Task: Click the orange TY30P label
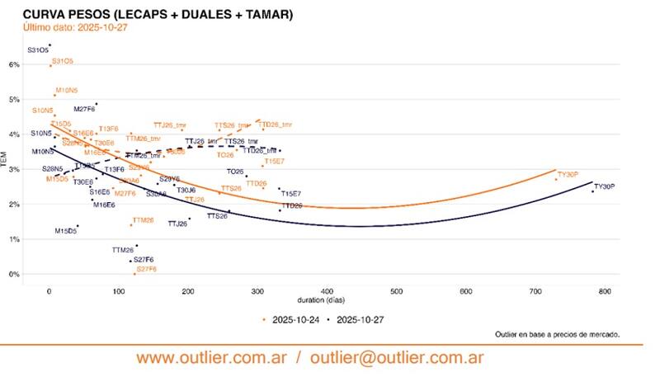568,174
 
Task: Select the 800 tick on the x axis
605,291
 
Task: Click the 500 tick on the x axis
397,291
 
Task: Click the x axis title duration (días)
328,300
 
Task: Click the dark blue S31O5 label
38,50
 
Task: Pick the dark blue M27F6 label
84,109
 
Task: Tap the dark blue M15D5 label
65,231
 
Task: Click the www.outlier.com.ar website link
212,358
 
